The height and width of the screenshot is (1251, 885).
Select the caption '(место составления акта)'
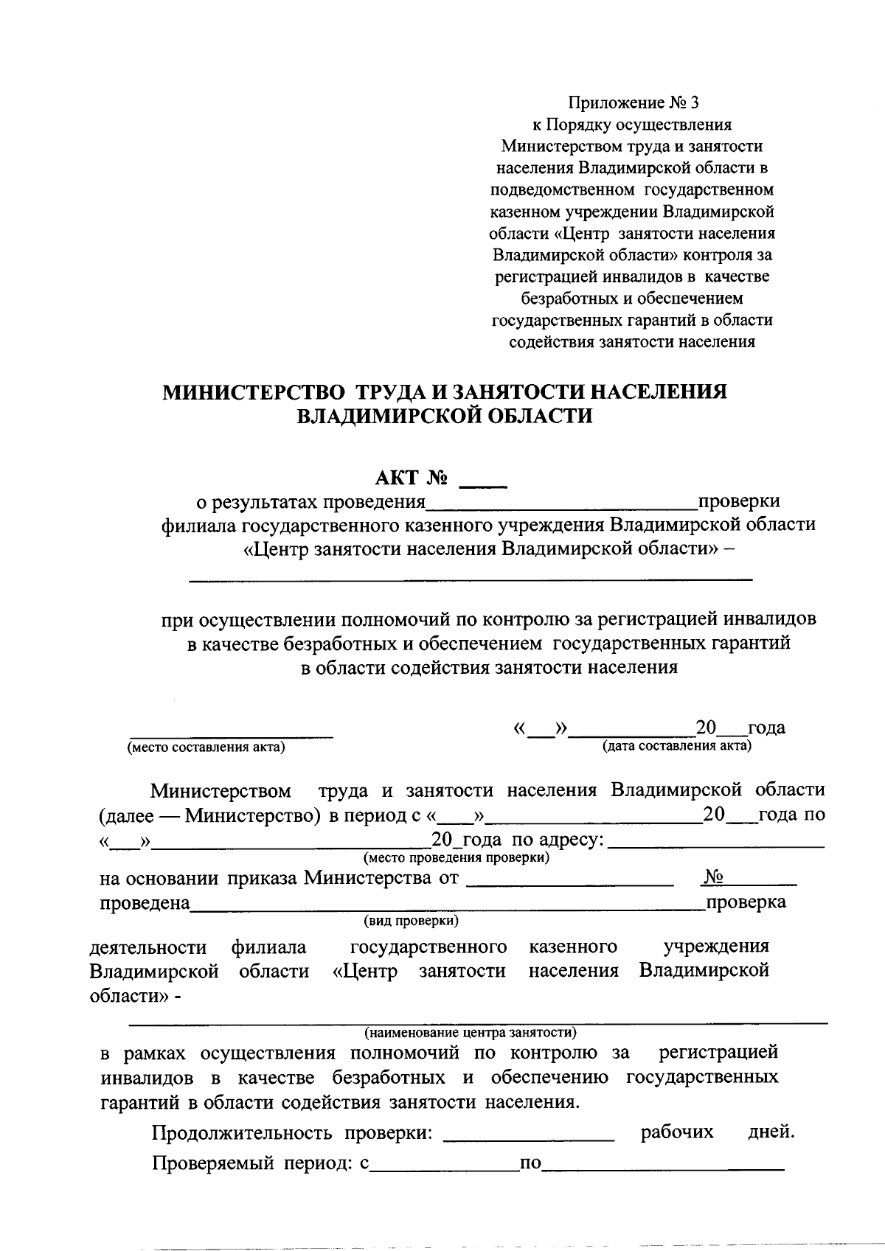(206, 748)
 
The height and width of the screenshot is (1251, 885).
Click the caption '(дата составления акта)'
(677, 746)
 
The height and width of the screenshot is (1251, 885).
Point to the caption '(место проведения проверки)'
(456, 858)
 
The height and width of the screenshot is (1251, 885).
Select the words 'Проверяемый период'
(249, 1164)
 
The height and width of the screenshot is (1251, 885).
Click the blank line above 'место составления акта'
(232, 735)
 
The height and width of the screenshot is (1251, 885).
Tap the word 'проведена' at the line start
(145, 903)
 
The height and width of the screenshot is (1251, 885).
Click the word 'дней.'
(771, 1132)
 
